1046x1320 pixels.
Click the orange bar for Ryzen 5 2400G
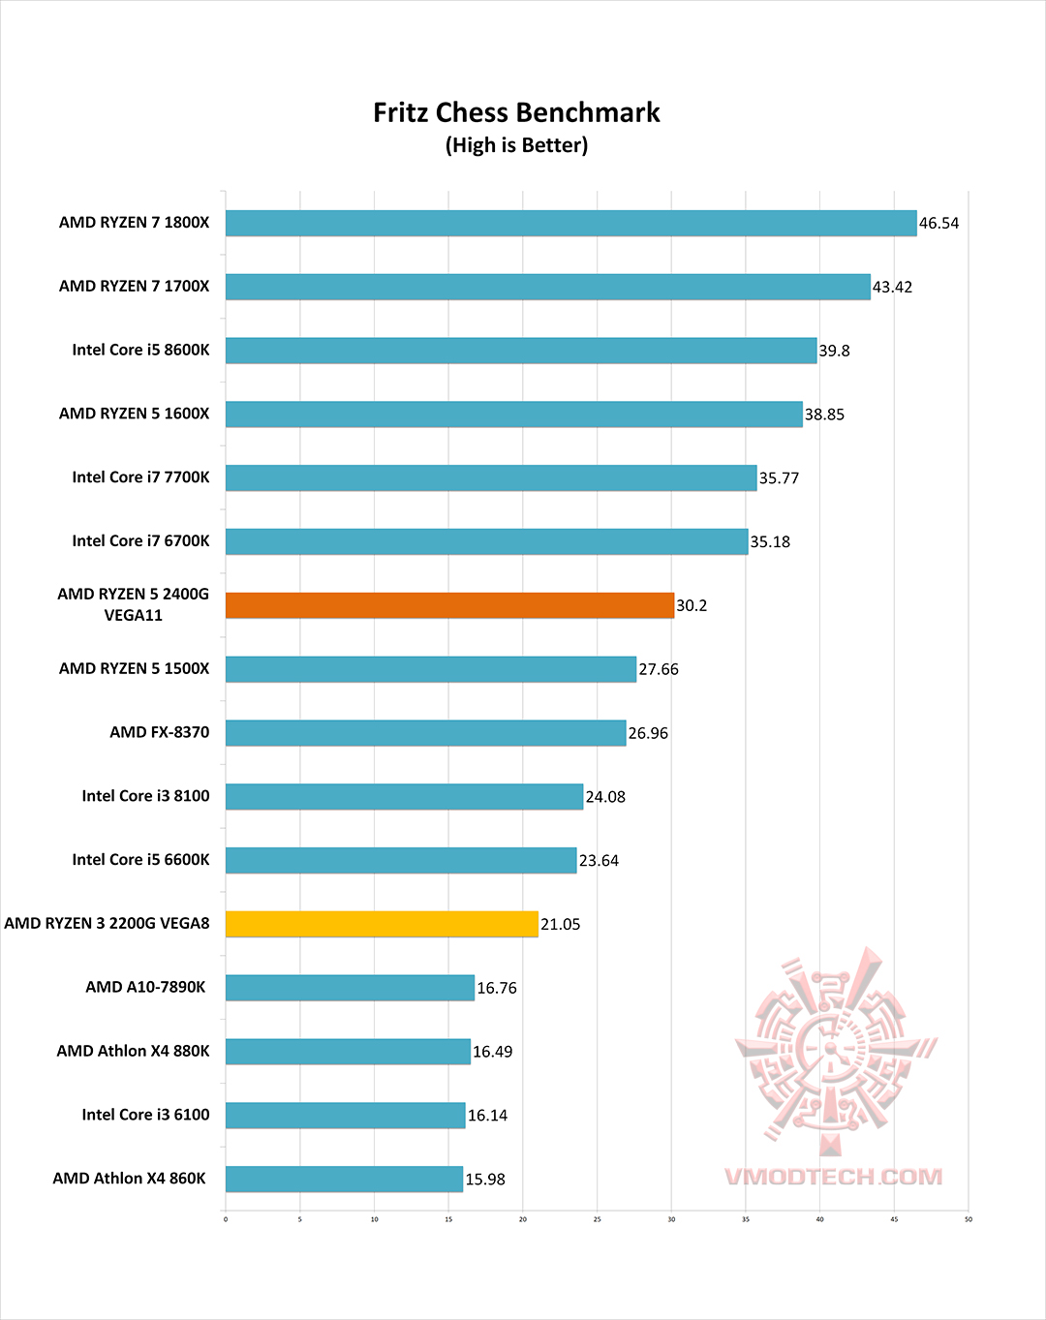coord(449,605)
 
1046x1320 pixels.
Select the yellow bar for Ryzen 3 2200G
coord(382,924)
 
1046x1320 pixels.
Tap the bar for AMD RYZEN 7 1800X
coord(570,223)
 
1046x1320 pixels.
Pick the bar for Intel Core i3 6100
coord(345,1116)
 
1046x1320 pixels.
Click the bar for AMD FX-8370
coord(425,733)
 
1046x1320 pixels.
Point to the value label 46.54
coord(938,224)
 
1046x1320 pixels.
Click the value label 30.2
coord(692,606)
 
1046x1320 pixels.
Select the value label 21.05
coord(560,925)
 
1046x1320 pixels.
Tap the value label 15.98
coord(485,1180)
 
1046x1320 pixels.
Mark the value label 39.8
coord(834,351)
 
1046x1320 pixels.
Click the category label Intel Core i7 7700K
coord(140,477)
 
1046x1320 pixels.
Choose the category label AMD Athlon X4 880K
coord(133,1051)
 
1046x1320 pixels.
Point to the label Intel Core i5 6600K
coord(140,860)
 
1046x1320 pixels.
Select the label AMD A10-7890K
coord(145,987)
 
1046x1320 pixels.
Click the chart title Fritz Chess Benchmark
coord(516,113)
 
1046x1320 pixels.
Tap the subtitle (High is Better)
coord(516,145)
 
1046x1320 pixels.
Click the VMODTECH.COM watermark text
coord(833,1177)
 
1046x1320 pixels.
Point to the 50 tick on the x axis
coord(968,1219)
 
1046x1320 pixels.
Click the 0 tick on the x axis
coord(226,1219)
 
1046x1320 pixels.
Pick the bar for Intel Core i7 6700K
coord(486,541)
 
